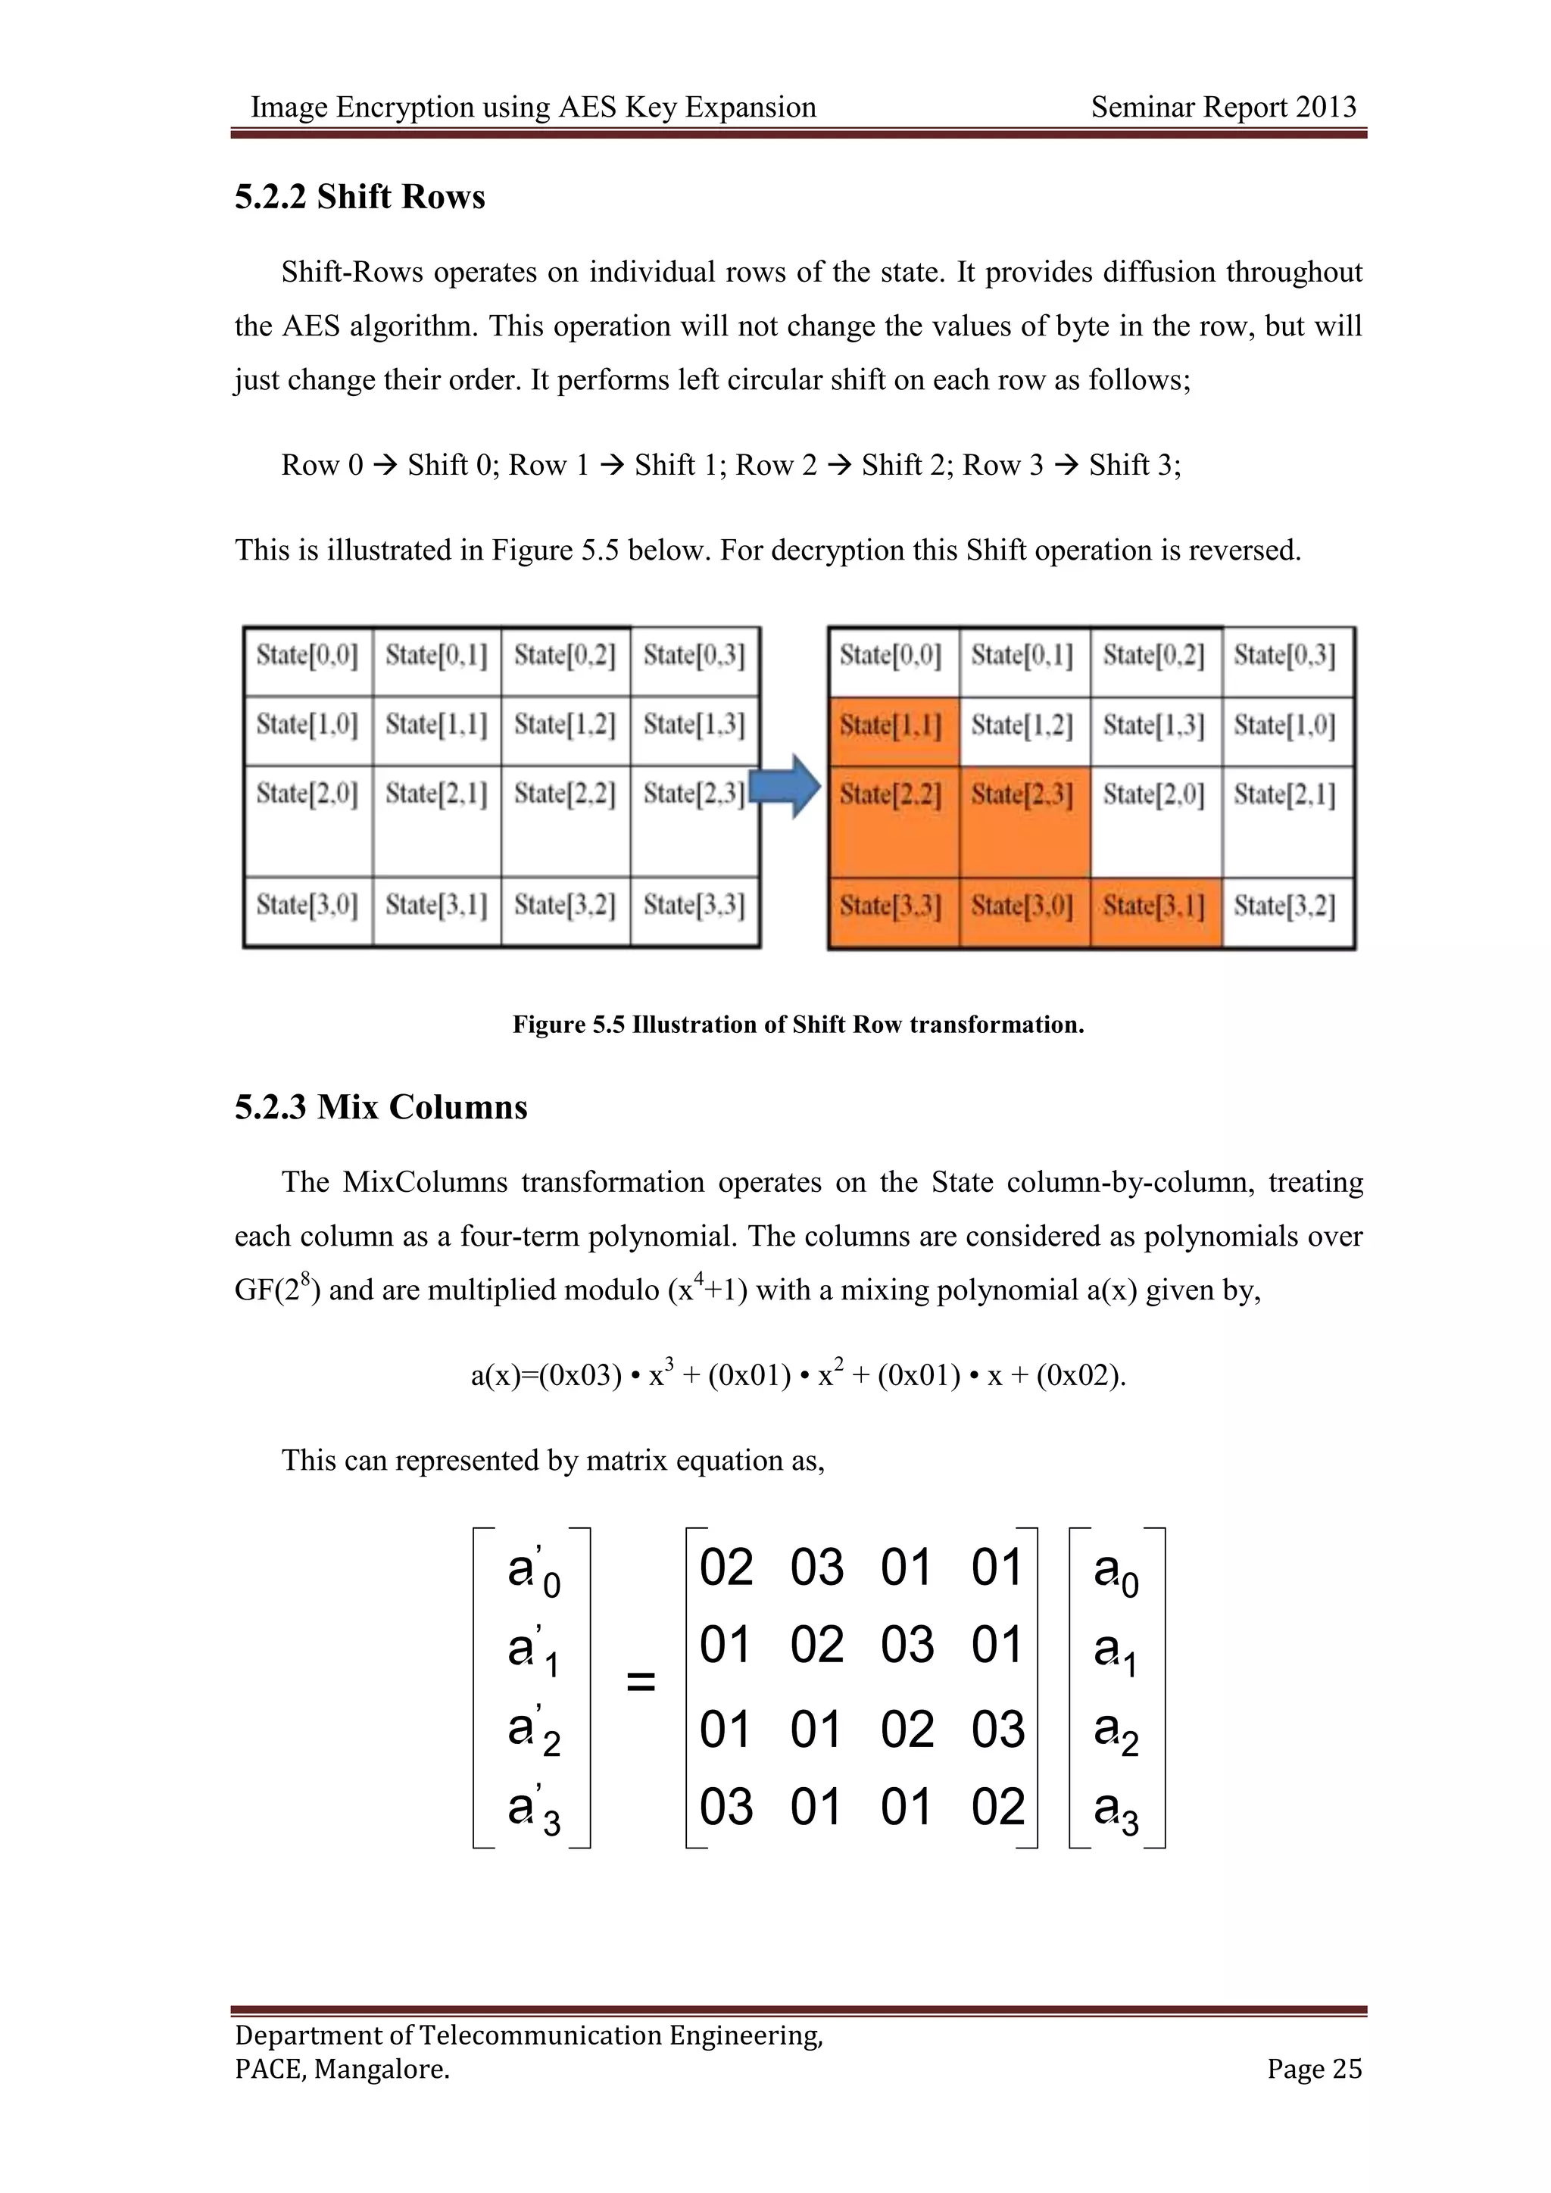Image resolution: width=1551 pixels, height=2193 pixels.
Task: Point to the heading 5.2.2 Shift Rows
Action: (x=360, y=197)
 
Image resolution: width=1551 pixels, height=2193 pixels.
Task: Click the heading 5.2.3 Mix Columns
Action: (x=381, y=1107)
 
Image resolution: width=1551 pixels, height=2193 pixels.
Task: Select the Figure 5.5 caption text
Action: (x=798, y=1025)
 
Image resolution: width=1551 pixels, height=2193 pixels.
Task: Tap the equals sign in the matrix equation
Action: (x=640, y=1682)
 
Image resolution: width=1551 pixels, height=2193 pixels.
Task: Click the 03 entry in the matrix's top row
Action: (x=816, y=1568)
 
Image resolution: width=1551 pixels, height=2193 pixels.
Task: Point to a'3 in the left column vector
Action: (x=533, y=1808)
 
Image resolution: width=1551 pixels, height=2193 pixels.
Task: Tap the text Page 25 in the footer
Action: (x=1314, y=2069)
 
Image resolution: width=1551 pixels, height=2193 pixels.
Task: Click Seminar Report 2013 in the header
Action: (x=1223, y=107)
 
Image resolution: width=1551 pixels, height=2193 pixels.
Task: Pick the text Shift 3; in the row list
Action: (x=1134, y=465)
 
